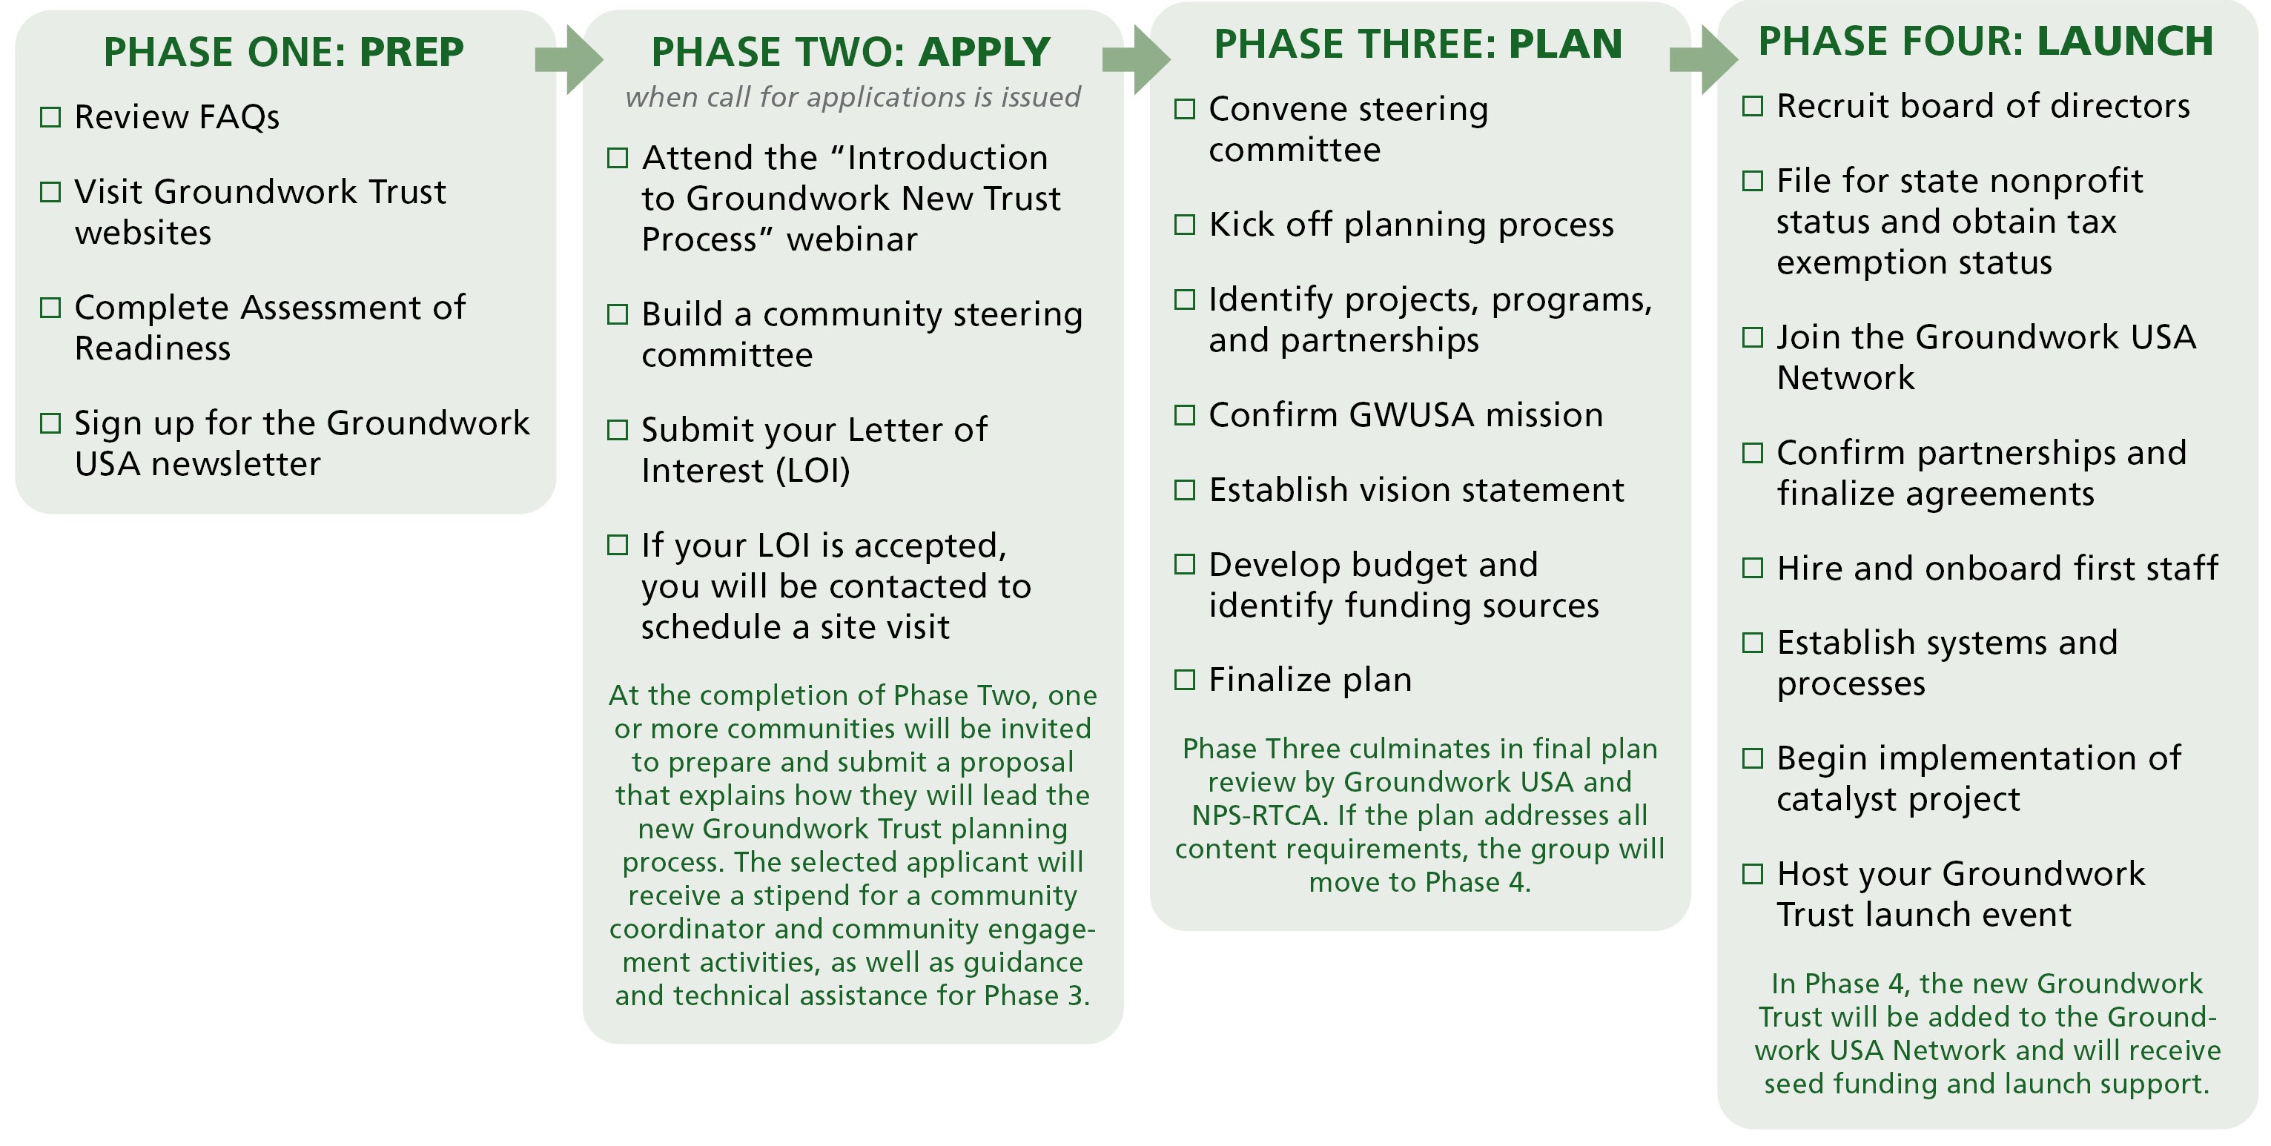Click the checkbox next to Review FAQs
click(x=51, y=117)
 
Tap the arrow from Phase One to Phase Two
click(x=569, y=60)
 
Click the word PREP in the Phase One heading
click(x=411, y=52)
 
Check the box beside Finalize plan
click(x=1185, y=680)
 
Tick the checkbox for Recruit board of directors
click(x=1753, y=107)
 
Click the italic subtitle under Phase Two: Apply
click(x=853, y=97)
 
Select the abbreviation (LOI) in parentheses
click(x=813, y=471)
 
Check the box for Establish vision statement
click(x=1185, y=490)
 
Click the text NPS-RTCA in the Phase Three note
click(x=1259, y=815)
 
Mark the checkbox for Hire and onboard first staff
click(x=1753, y=569)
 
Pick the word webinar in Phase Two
click(x=852, y=239)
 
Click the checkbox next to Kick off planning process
click(x=1185, y=225)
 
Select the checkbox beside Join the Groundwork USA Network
click(x=1753, y=337)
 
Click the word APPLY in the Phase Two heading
click(x=984, y=52)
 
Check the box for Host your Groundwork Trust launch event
click(x=1753, y=875)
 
